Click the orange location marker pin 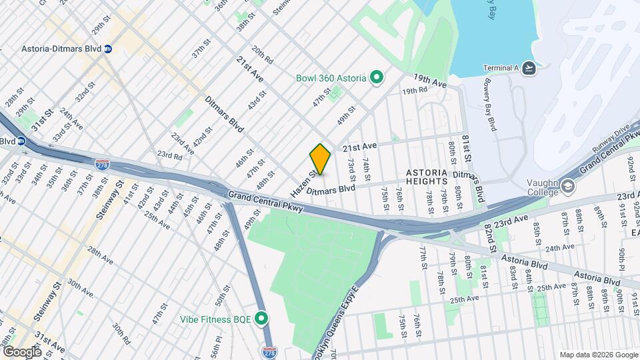[x=320, y=159]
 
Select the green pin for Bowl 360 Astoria [x=375, y=78]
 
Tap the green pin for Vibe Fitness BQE [x=262, y=319]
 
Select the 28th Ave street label [x=100, y=255]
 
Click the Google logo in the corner [x=21, y=351]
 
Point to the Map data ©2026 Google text [x=597, y=355]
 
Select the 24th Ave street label [x=559, y=247]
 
